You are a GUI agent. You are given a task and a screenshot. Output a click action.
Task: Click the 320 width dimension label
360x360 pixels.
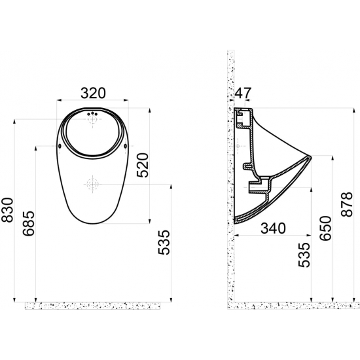pyautogui.click(x=93, y=93)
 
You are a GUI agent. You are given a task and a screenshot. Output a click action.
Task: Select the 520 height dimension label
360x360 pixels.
pyautogui.click(x=143, y=165)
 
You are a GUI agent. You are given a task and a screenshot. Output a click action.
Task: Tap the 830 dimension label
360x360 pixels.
pyautogui.click(x=7, y=210)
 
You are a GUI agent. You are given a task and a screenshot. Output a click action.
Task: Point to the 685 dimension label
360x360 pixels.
pyautogui.click(x=28, y=223)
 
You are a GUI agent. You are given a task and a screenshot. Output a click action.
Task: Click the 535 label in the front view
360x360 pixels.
pyautogui.click(x=164, y=242)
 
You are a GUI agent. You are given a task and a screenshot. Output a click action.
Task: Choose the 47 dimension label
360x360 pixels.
pyautogui.click(x=243, y=93)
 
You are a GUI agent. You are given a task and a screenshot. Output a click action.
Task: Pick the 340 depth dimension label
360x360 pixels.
pyautogui.click(x=273, y=228)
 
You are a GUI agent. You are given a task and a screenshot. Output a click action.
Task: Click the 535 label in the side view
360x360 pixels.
pyautogui.click(x=304, y=255)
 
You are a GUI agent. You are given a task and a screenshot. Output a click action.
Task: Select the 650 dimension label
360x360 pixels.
pyautogui.click(x=326, y=228)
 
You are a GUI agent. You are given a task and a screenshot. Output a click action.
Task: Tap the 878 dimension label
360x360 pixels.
pyautogui.click(x=346, y=204)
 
